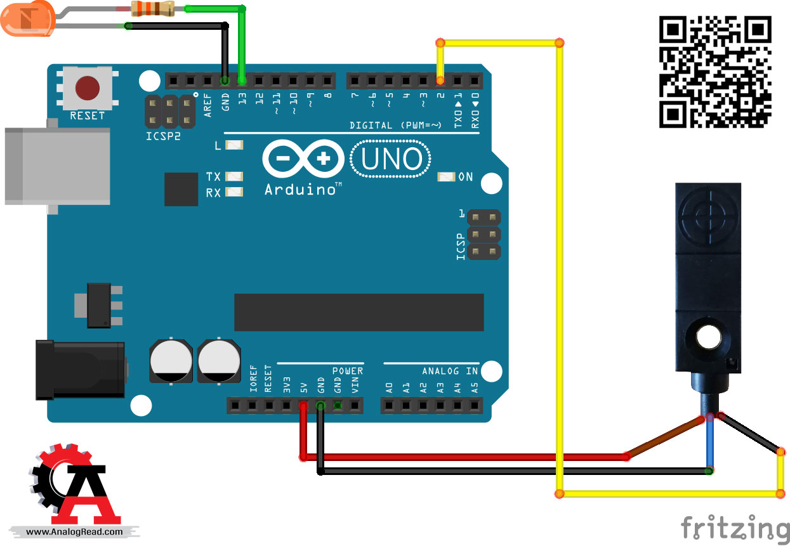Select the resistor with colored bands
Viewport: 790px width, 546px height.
click(x=152, y=8)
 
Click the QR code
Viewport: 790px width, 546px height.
click(x=714, y=72)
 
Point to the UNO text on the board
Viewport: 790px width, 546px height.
click(x=392, y=160)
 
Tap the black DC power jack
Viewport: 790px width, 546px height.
click(x=80, y=370)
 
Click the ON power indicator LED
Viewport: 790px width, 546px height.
click(x=447, y=177)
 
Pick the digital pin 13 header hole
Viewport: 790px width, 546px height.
click(x=242, y=81)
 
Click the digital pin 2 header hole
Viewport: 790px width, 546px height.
click(x=440, y=81)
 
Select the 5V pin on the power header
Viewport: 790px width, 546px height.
click(x=303, y=405)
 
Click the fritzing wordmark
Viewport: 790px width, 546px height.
click(x=735, y=528)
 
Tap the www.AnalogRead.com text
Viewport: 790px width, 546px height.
click(x=75, y=532)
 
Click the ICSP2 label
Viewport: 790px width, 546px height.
click(x=162, y=136)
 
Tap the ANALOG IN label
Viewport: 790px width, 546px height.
click(x=449, y=371)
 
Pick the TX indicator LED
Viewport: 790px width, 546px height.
click(x=234, y=176)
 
